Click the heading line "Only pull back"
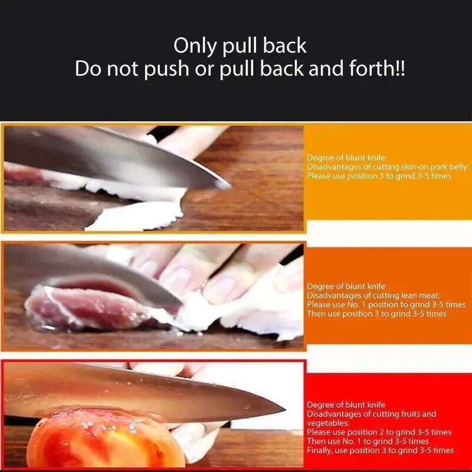tap(240, 46)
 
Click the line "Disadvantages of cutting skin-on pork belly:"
tap(388, 167)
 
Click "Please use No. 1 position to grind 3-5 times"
tap(377, 304)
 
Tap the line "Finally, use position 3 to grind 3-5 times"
tap(380, 450)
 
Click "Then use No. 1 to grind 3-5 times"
tap(368, 441)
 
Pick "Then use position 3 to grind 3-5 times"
tap(376, 314)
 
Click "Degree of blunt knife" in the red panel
tap(346, 405)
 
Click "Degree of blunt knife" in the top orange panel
tap(346, 158)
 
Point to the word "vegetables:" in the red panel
tap(327, 423)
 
